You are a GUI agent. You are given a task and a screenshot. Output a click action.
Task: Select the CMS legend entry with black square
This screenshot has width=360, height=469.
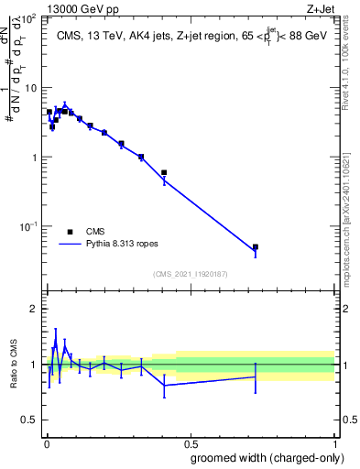click(82, 232)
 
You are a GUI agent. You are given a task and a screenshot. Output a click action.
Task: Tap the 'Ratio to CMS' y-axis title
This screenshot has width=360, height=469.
click(14, 364)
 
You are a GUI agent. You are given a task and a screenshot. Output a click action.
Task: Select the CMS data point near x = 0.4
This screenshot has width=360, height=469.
click(164, 172)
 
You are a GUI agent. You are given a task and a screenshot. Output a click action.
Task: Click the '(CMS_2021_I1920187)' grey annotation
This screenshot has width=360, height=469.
click(190, 274)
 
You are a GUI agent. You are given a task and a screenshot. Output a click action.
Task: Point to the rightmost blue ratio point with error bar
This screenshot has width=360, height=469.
click(256, 376)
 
